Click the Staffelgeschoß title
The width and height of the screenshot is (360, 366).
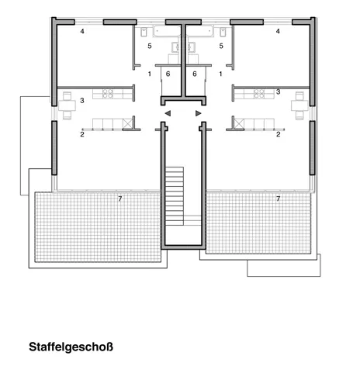pos(71,347)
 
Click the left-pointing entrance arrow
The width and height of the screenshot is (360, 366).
pos(168,113)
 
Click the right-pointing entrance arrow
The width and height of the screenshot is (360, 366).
pos(199,113)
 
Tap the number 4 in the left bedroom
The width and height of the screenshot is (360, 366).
pos(82,31)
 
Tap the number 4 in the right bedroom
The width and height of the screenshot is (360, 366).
pos(278,31)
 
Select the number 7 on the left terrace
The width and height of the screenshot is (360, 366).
pos(120,199)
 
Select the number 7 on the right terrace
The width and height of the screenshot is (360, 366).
pos(279,199)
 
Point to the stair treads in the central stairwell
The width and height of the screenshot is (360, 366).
pos(175,196)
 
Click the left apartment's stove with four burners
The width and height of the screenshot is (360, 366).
pos(108,94)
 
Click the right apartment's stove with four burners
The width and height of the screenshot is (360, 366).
pos(259,94)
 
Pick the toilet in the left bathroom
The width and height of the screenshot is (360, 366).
pos(144,32)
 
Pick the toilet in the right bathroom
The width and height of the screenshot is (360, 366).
pos(223,32)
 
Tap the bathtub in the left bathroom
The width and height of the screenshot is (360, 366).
pos(167,31)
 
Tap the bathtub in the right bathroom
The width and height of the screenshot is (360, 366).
pos(200,31)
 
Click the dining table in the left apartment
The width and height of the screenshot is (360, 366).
pos(67,105)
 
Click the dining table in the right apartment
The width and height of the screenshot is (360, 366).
pos(299,105)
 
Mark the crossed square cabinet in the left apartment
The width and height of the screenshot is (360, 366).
pos(128,123)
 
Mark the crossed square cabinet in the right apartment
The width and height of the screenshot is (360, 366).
pos(239,123)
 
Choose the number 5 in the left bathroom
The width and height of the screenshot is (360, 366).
pos(150,46)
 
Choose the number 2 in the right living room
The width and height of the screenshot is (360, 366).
pos(279,134)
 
